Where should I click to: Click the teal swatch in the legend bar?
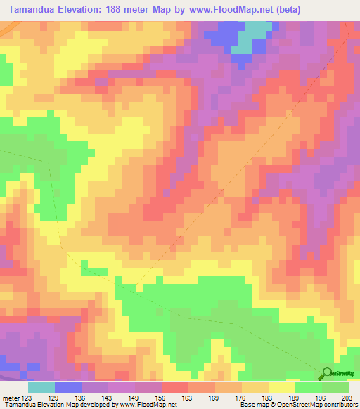coord(41,387)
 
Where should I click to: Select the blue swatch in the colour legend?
coord(68,387)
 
